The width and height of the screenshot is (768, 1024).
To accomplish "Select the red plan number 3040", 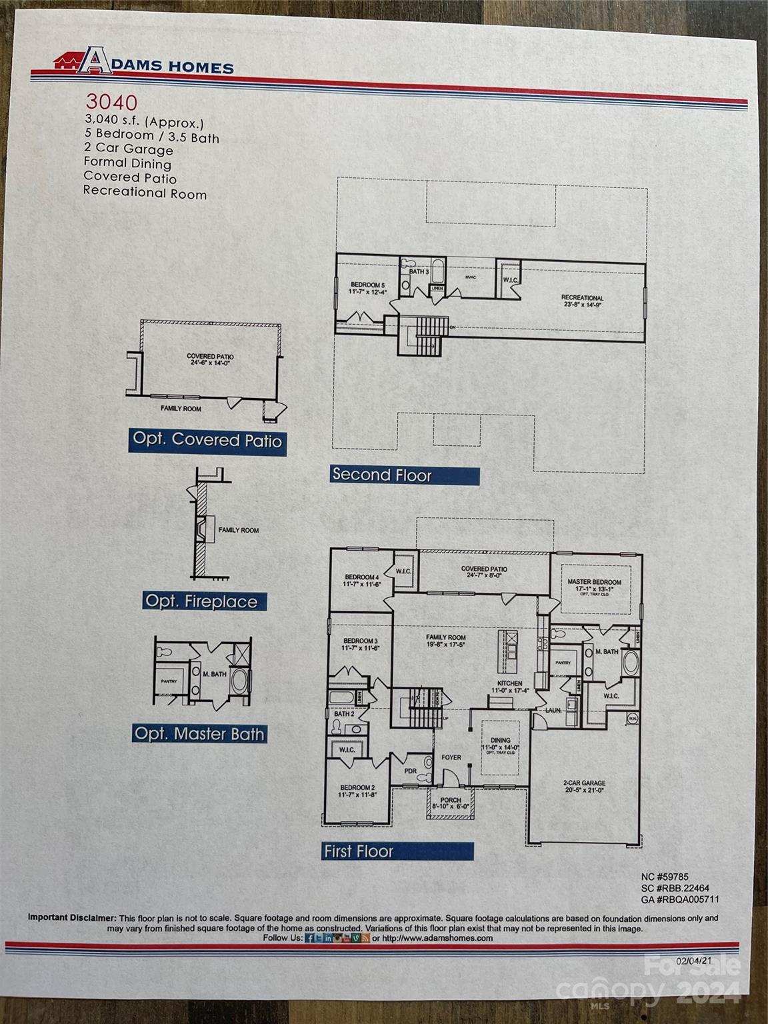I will point(111,102).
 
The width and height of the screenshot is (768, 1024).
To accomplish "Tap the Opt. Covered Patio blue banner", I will point(207,440).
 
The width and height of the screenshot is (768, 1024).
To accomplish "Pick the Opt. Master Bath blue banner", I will point(199,734).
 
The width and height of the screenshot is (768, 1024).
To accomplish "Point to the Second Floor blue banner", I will point(404,475).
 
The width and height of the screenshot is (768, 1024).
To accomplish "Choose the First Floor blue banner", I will point(397,851).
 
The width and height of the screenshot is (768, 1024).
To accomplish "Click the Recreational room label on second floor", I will point(582,298).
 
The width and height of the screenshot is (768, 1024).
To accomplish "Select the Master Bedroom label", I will point(594,582).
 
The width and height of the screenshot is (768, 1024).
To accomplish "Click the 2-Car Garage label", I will point(584,783).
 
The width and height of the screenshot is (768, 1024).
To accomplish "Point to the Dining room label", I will point(501,740).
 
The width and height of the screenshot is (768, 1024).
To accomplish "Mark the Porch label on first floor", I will point(451,800).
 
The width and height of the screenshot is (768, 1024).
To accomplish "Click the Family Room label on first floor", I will point(446,637).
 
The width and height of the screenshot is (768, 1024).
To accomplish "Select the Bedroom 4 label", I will point(361,577).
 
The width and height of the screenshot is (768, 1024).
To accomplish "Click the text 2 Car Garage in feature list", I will point(129,149).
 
